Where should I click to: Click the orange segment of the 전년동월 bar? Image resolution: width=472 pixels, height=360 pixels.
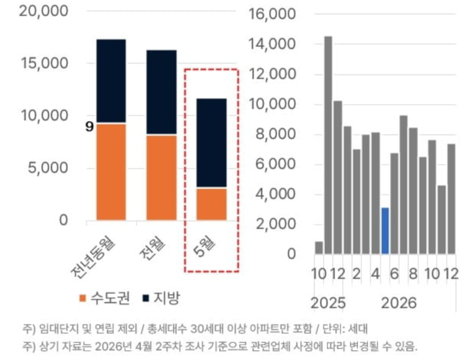111,172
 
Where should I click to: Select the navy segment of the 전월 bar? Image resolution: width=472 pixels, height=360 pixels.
161,92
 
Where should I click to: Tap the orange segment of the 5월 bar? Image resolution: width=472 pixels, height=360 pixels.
212,204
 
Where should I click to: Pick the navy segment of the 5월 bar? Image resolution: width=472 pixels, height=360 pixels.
212,143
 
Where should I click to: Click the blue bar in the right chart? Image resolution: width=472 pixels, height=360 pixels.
385,231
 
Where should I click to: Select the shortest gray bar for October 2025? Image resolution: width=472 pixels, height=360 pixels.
319,248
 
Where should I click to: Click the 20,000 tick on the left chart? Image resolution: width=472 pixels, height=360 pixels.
44,11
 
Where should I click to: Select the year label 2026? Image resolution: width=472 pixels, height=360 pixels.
399,304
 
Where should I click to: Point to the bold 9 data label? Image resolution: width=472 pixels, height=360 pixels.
89,127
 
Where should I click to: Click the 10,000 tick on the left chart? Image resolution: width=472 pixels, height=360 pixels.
45,115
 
